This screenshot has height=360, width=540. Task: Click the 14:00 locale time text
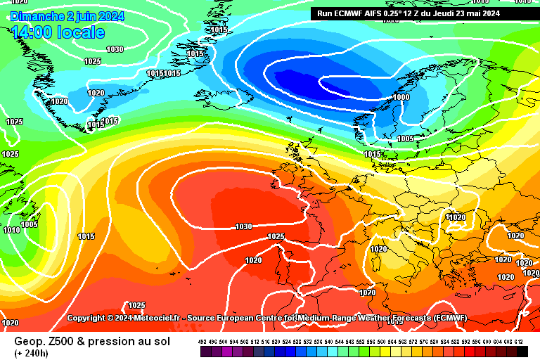click(58, 32)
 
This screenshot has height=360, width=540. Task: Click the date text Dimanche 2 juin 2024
click(67, 16)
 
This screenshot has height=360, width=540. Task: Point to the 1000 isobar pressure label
click(401, 97)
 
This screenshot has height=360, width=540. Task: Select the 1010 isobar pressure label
click(11, 230)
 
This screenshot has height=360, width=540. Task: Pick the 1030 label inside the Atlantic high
click(243, 226)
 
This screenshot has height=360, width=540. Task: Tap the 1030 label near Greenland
click(114, 49)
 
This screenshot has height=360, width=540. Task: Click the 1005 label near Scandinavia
click(405, 139)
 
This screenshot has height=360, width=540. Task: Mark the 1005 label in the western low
click(29, 224)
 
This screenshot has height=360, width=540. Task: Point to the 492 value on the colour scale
click(202, 341)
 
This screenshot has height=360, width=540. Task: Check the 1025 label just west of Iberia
click(276, 236)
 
